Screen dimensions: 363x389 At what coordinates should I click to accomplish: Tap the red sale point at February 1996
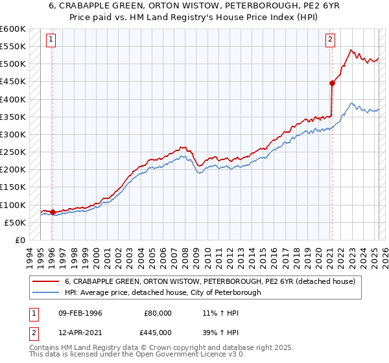(x=53, y=212)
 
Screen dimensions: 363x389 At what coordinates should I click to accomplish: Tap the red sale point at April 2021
(x=332, y=83)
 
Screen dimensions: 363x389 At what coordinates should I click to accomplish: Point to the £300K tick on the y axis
(x=13, y=134)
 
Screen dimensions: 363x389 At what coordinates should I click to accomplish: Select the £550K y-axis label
(x=13, y=47)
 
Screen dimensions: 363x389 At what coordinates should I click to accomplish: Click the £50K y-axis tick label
(x=16, y=222)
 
